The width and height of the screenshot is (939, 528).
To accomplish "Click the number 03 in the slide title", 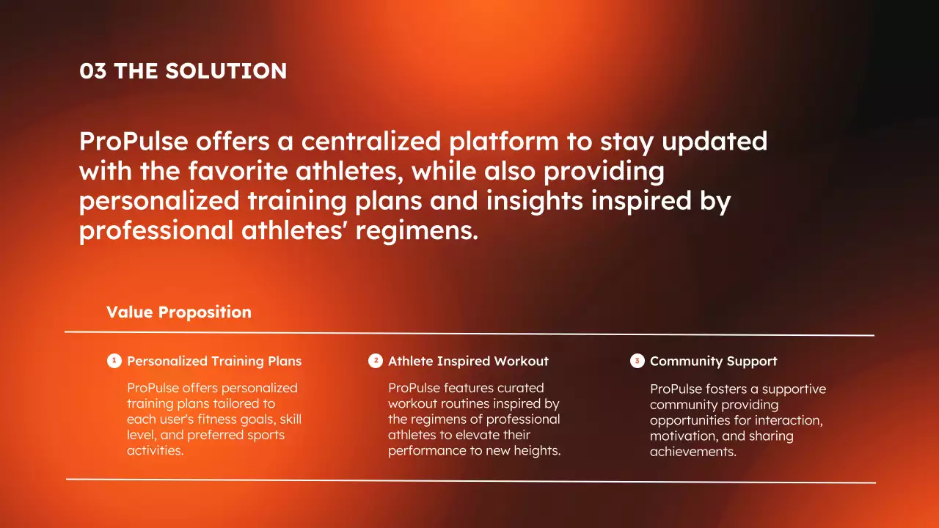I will pos(92,71).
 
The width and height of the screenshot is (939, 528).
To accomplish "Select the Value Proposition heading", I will pos(179,312).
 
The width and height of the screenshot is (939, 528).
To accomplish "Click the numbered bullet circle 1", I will pos(114,360).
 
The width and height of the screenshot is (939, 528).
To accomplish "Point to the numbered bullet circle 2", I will pos(375,360).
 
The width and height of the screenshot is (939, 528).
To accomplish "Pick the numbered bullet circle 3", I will pos(637,360).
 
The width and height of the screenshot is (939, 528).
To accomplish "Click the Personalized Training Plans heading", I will pos(214,361).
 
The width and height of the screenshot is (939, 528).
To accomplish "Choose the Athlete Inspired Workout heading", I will pos(468,361).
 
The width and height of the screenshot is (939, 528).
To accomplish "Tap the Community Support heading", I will pos(713,361).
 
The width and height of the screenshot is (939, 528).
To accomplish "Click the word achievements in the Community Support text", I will pos(693,452).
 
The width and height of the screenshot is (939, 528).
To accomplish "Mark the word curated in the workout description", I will pos(521,388).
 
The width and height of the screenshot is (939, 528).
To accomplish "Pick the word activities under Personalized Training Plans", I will pos(155,451).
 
